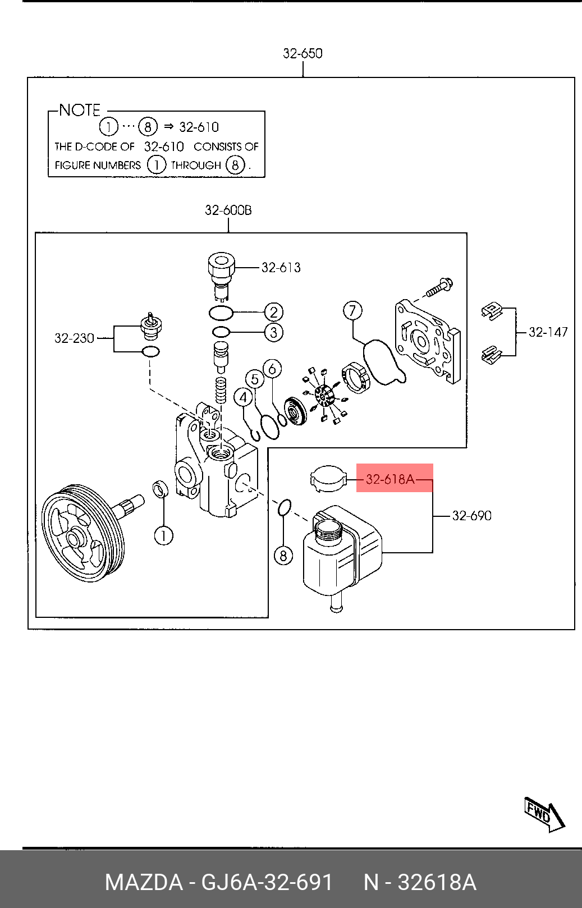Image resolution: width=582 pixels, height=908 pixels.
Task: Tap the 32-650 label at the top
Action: pos(303,53)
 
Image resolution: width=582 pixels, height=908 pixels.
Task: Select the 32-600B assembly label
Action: pos(228,210)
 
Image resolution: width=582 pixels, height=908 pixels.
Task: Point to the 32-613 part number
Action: pos(281,268)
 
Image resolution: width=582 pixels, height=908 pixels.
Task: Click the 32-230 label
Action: pos(74,338)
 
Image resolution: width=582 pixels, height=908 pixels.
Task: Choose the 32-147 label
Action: pos(548,332)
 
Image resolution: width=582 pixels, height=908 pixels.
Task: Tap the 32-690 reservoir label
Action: pos(471,516)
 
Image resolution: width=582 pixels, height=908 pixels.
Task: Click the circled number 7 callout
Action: pos(352,310)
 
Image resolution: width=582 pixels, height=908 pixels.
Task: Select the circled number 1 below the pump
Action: pos(163,535)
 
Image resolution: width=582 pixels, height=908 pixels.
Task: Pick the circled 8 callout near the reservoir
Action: pos(283,556)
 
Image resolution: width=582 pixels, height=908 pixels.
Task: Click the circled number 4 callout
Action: pos(243,398)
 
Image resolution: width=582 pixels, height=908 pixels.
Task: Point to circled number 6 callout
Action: pos(272,369)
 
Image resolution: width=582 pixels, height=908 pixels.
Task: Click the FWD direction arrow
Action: pos(543,814)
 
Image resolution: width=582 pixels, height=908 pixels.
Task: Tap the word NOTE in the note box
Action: pos(80,110)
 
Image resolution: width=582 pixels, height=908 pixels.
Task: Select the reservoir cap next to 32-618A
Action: pos(328,479)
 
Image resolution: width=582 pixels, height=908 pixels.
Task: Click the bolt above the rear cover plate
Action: pos(440,287)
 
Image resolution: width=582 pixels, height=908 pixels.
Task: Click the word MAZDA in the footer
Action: pos(144,882)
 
